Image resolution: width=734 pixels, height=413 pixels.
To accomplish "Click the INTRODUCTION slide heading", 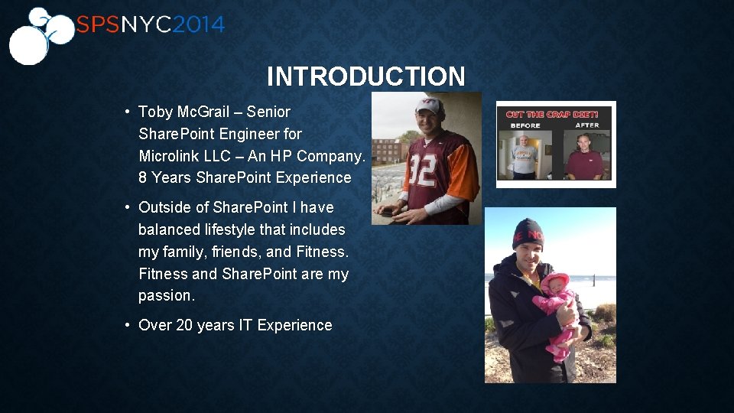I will pos(365,76).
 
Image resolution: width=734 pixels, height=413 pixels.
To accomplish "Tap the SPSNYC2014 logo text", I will pos(150,25).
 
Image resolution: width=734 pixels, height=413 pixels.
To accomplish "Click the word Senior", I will pos(268,112).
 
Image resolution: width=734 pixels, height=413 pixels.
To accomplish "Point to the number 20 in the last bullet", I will pos(184,325).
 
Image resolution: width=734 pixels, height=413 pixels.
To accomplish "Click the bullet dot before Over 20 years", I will pos(127,325).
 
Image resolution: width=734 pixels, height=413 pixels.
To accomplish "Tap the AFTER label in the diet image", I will pos(587,125).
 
